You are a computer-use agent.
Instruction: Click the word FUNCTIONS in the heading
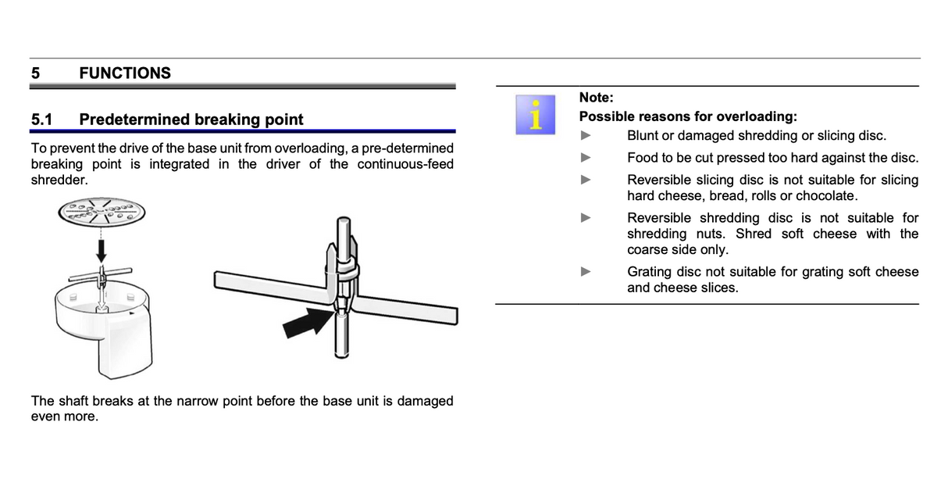pyautogui.click(x=125, y=73)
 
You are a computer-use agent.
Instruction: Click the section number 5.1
pyautogui.click(x=41, y=120)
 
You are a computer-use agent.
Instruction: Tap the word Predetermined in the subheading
pyautogui.click(x=134, y=120)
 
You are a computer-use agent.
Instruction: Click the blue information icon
pyautogui.click(x=536, y=115)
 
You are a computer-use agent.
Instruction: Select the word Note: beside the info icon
pyautogui.click(x=596, y=98)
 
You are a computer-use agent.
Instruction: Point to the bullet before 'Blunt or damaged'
pyautogui.click(x=586, y=135)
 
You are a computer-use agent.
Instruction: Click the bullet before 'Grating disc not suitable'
pyautogui.click(x=586, y=271)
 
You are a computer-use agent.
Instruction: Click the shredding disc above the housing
pyautogui.click(x=102, y=213)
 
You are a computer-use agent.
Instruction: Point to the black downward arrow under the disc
pyautogui.click(x=102, y=251)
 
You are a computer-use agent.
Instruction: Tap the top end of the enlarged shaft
pyautogui.click(x=344, y=220)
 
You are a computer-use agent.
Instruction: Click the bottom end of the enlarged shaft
pyautogui.click(x=341, y=356)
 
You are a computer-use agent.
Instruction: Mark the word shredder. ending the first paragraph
pyautogui.click(x=59, y=180)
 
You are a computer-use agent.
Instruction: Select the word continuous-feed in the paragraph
pyautogui.click(x=405, y=164)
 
